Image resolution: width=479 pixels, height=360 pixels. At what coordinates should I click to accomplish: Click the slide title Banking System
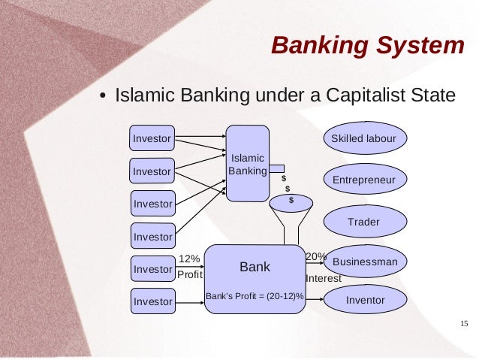pos(368,46)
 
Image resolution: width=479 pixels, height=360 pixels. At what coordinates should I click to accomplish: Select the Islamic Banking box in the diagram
pos(247,164)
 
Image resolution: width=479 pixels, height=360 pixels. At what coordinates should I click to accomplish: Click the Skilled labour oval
pos(364,139)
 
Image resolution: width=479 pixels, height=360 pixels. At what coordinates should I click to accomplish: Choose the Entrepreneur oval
pos(364,180)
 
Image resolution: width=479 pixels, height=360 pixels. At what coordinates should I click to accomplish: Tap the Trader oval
pos(364,222)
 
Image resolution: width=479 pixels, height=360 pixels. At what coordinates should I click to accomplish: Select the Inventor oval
pos(365,301)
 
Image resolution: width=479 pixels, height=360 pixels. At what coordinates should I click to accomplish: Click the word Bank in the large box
pos(255,267)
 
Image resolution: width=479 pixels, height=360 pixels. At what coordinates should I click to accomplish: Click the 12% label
pos(188,259)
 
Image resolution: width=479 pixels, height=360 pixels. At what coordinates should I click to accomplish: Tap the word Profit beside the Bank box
pos(190,275)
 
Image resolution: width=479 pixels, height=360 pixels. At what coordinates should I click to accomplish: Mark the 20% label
pos(315,256)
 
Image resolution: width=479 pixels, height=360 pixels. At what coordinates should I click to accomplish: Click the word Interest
pos(324,278)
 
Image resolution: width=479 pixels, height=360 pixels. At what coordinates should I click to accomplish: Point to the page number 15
pos(462,324)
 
